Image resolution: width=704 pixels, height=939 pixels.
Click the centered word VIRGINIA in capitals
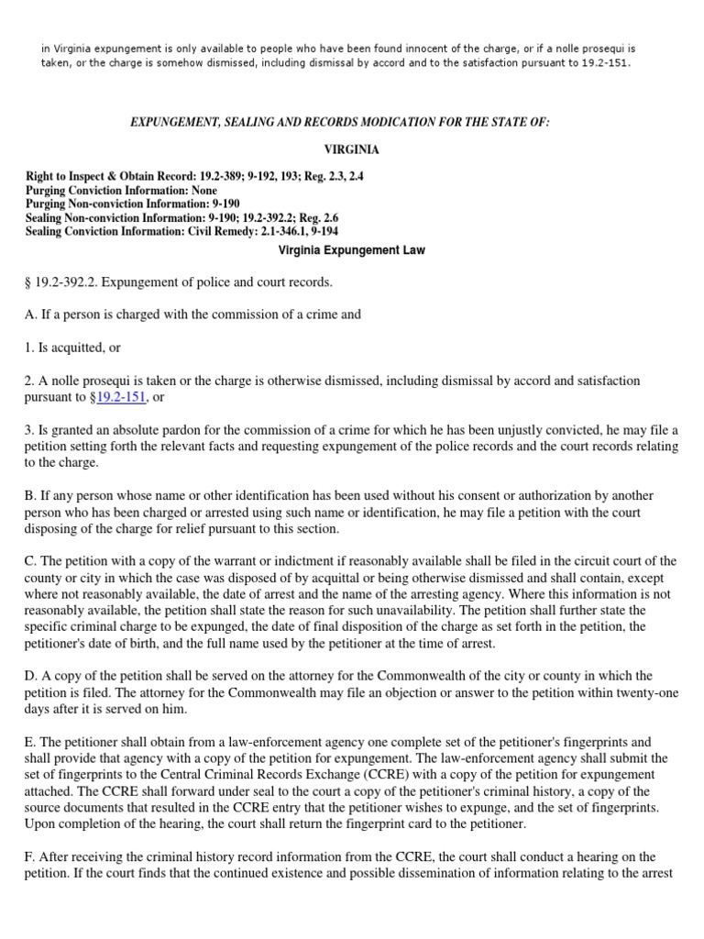pos(352,149)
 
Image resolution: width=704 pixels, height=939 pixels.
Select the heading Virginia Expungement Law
pos(352,249)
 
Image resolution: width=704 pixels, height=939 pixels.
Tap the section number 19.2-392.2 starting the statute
pos(67,282)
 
